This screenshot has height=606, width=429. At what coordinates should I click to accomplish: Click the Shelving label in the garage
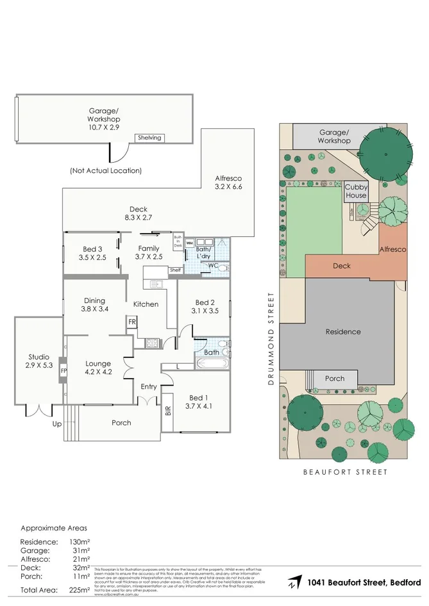click(149, 138)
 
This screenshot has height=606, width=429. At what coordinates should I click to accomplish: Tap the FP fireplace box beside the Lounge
click(63, 370)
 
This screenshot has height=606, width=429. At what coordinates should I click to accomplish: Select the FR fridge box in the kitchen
click(131, 322)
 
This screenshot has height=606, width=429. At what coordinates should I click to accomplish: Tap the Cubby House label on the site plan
click(356, 192)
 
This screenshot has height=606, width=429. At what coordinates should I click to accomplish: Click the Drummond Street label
click(271, 339)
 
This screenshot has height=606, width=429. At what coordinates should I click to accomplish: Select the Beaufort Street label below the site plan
click(345, 472)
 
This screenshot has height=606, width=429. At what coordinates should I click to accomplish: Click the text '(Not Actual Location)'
click(105, 170)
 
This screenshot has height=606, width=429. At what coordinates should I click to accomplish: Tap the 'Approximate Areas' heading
click(54, 528)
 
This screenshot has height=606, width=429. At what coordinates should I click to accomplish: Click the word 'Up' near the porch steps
click(58, 424)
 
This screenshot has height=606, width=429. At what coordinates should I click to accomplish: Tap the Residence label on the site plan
click(343, 332)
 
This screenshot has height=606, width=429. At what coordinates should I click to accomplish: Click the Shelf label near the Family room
click(175, 270)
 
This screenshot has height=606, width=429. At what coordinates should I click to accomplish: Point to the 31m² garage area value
click(80, 550)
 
